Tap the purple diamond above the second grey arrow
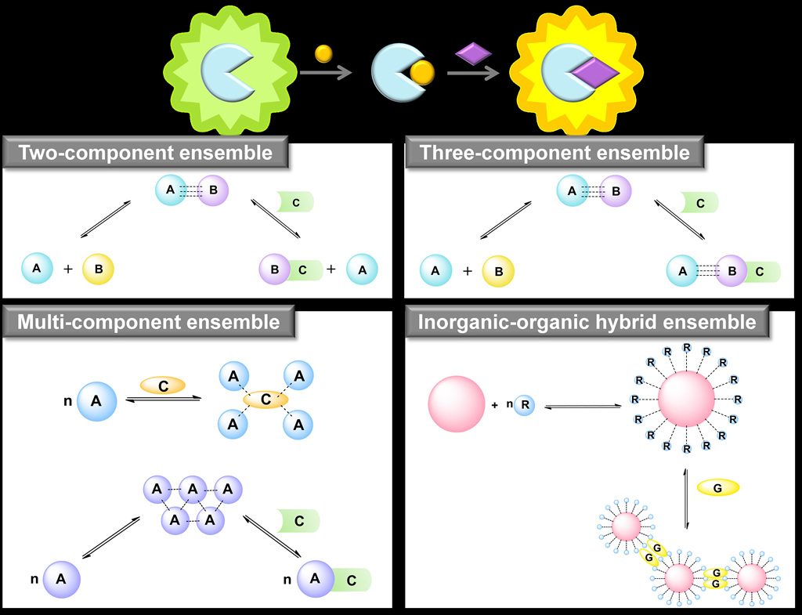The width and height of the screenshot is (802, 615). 474,53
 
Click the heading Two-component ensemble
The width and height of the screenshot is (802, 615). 146,153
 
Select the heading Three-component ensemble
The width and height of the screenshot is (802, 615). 555,153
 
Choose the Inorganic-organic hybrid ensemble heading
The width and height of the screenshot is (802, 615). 587,322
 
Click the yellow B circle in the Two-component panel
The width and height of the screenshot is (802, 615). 99,270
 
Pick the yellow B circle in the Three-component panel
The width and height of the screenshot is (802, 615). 497,271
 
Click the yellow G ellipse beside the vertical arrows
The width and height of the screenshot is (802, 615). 717,487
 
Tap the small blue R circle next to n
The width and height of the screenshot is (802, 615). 524,405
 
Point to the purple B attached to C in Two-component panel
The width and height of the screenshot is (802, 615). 274,270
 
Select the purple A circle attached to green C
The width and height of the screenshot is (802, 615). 316,579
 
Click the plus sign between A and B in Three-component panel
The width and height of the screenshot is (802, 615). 468,271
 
